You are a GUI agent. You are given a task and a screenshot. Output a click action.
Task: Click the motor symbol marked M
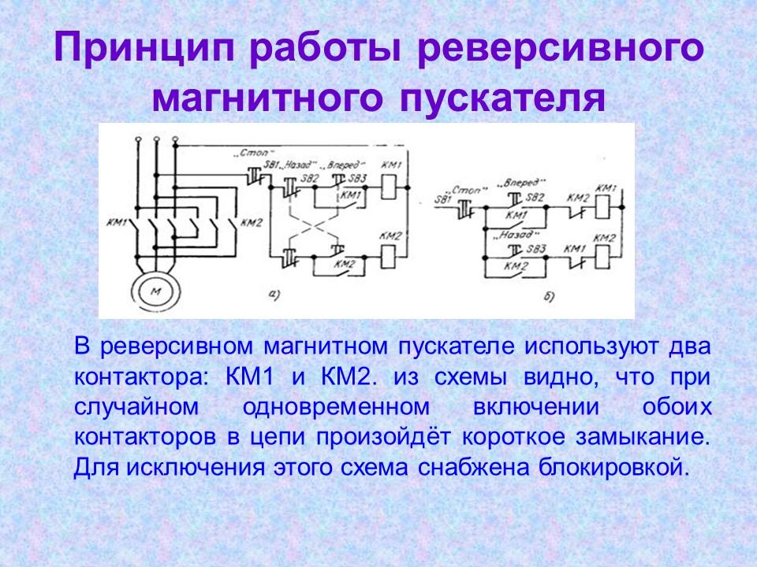click(x=154, y=291)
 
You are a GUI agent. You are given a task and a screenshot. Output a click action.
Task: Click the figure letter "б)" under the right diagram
click(x=550, y=296)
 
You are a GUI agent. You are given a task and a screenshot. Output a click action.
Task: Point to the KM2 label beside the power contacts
click(x=250, y=223)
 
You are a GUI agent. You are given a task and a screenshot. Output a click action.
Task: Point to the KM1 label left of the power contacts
click(x=116, y=223)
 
